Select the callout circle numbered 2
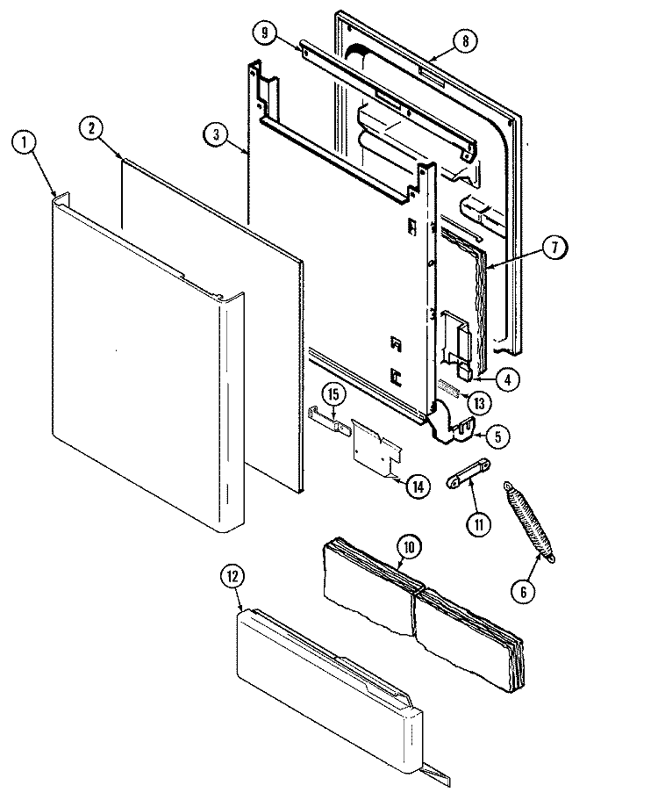(90, 126)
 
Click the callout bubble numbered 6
(523, 590)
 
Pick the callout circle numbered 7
(554, 249)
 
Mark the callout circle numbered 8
(466, 40)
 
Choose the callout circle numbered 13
(478, 403)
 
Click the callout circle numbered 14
(418, 486)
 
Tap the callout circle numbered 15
(333, 393)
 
